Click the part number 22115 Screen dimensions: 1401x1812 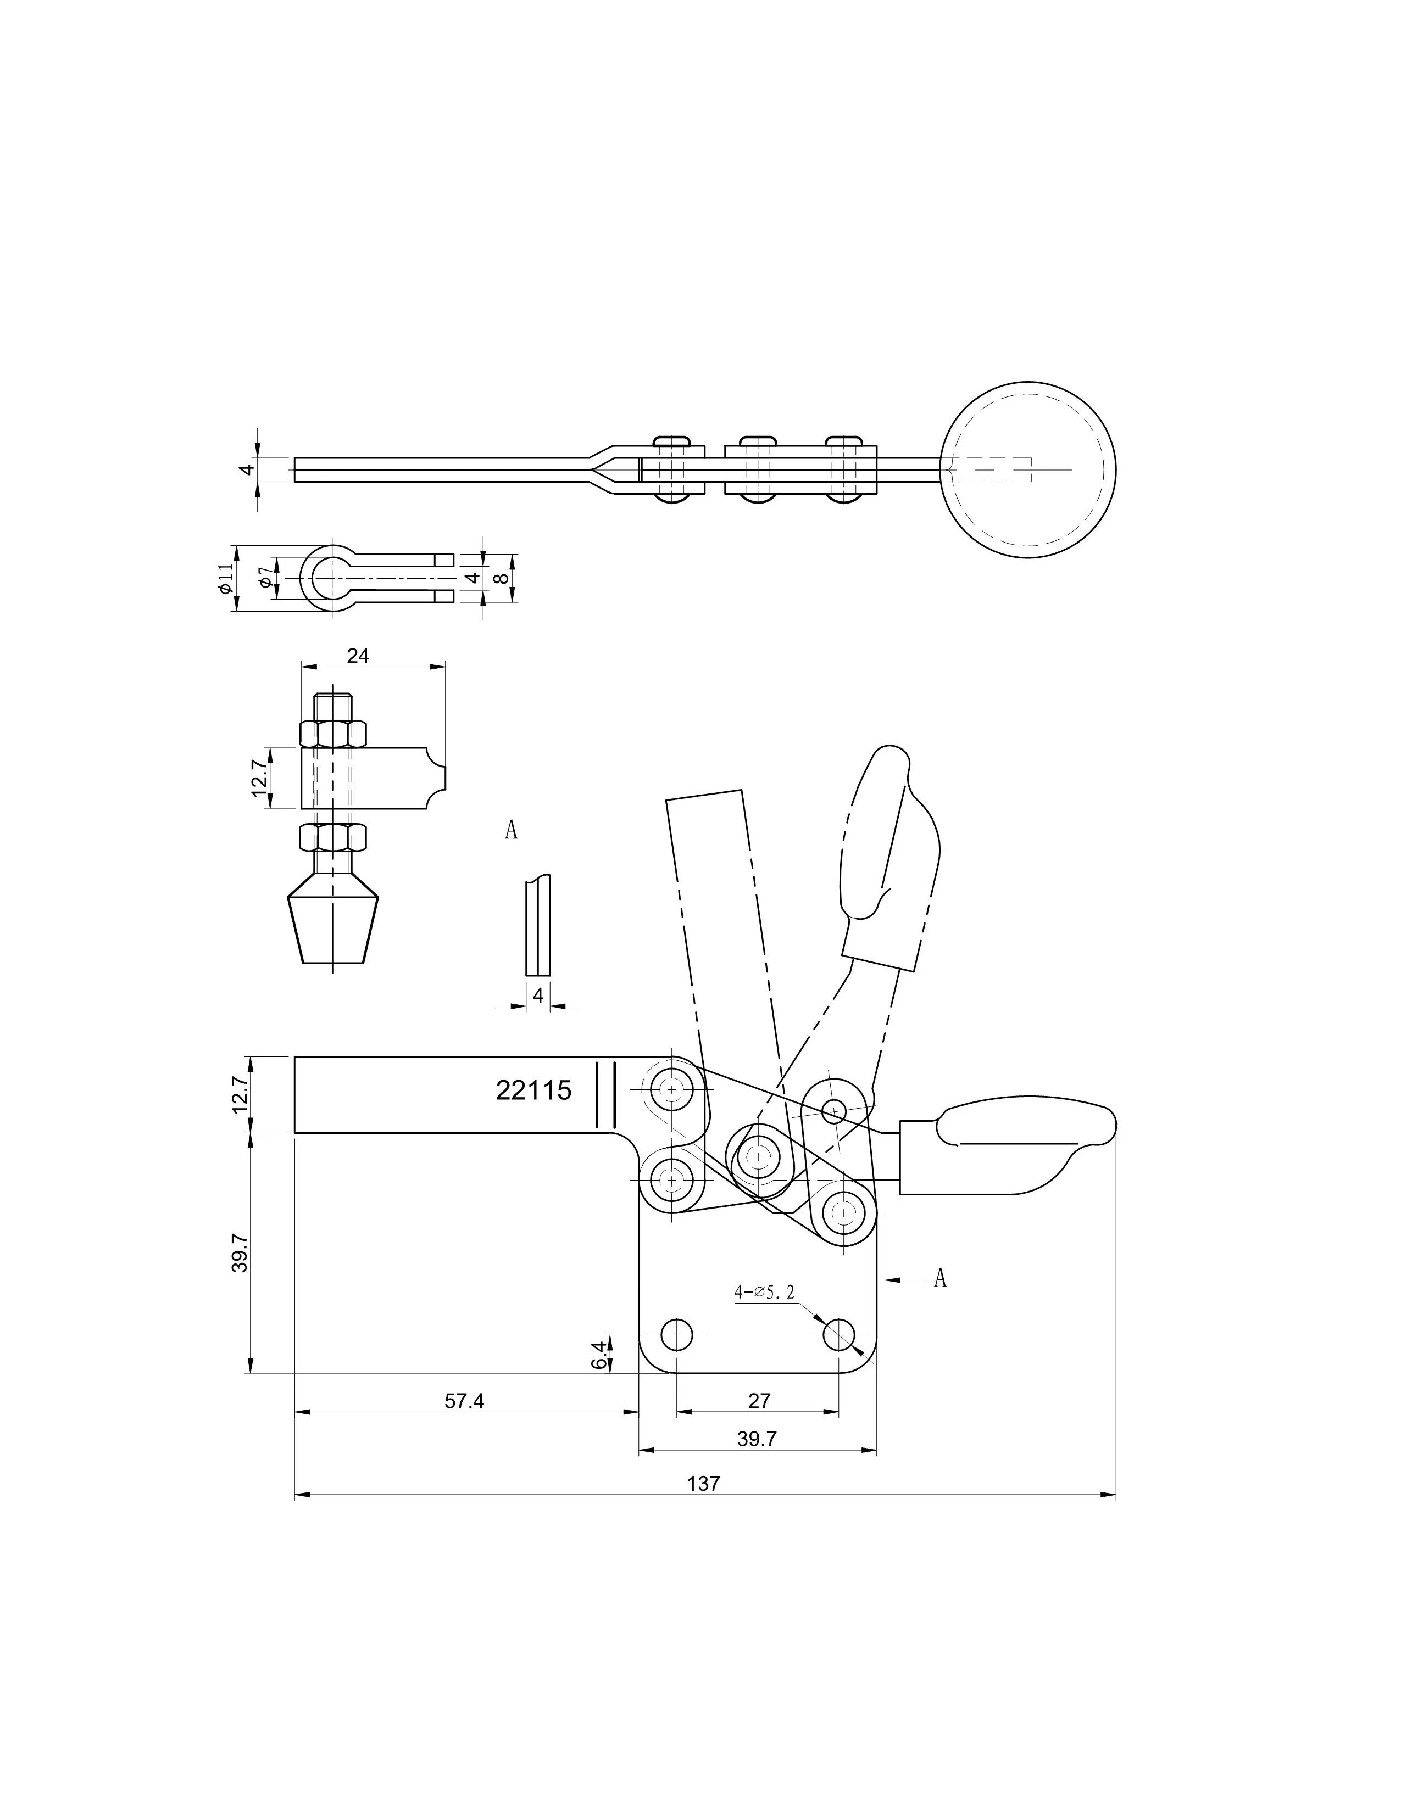pos(533,1089)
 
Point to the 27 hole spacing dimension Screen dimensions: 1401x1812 pos(759,1401)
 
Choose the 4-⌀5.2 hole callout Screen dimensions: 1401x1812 pos(764,1292)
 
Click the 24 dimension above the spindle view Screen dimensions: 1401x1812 pos(358,656)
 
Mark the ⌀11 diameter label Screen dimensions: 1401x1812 pos(225,578)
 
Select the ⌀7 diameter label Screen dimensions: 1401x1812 pos(264,578)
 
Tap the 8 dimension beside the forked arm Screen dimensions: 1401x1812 pos(499,578)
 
